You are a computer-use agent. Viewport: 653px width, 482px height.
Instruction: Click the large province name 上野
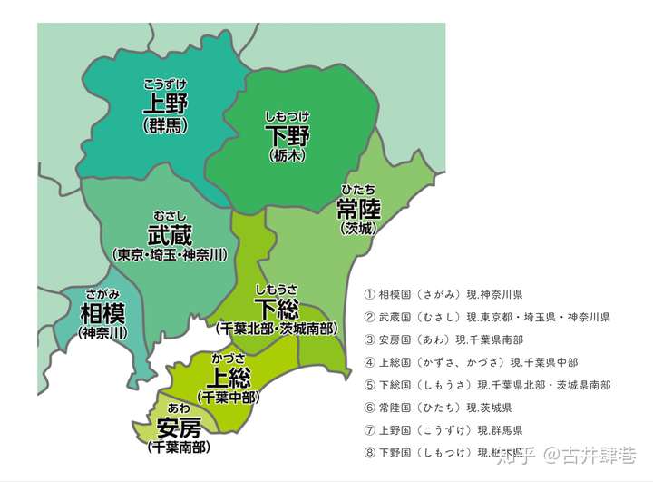pos(165,103)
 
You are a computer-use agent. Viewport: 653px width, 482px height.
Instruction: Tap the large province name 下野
pos(288,136)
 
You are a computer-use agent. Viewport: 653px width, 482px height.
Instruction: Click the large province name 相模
pos(102,314)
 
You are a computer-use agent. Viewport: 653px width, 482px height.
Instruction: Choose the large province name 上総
pos(229,378)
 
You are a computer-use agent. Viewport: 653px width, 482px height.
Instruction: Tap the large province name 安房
pos(179,427)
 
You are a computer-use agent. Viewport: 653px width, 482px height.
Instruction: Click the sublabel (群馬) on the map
pos(165,125)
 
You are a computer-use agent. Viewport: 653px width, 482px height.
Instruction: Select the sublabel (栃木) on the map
pos(288,156)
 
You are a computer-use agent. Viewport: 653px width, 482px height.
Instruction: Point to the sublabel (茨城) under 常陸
pos(358,229)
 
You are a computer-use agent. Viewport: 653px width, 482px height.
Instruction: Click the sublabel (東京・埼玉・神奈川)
pos(171,255)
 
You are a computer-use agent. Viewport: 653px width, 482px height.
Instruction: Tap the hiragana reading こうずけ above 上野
pos(165,84)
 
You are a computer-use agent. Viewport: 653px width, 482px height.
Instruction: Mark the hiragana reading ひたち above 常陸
pos(358,190)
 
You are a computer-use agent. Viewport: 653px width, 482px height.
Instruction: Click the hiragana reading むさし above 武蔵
pos(171,215)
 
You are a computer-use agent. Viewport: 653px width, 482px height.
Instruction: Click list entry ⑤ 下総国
pos(486,385)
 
